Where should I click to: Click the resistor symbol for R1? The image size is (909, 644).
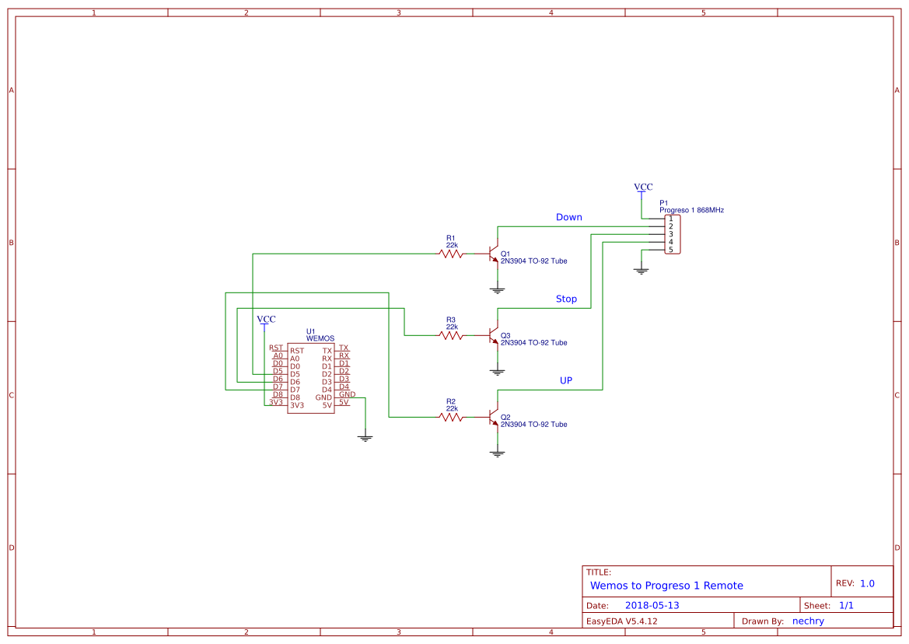click(x=451, y=254)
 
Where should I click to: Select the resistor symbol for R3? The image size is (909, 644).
click(x=451, y=335)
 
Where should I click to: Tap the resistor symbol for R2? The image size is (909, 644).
click(x=451, y=417)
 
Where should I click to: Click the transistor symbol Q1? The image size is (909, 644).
click(x=493, y=254)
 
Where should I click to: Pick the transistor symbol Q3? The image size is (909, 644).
click(x=493, y=336)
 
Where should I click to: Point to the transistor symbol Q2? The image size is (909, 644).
click(x=493, y=418)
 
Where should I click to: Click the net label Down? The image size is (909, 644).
click(x=568, y=218)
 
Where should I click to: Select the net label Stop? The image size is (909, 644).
click(x=566, y=299)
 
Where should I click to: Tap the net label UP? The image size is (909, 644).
click(x=566, y=381)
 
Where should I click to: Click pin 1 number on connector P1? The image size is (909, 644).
click(x=670, y=219)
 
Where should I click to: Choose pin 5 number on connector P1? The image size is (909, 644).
click(x=670, y=250)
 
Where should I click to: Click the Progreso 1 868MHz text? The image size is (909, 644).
click(x=691, y=210)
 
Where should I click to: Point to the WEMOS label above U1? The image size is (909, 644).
click(x=320, y=338)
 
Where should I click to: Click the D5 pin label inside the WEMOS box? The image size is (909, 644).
click(x=295, y=374)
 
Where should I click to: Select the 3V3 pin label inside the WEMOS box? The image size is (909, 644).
click(x=296, y=405)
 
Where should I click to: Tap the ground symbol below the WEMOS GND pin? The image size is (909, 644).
click(x=365, y=437)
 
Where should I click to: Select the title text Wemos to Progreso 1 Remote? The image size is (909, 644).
click(x=666, y=586)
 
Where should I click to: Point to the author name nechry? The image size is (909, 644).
click(x=808, y=621)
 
